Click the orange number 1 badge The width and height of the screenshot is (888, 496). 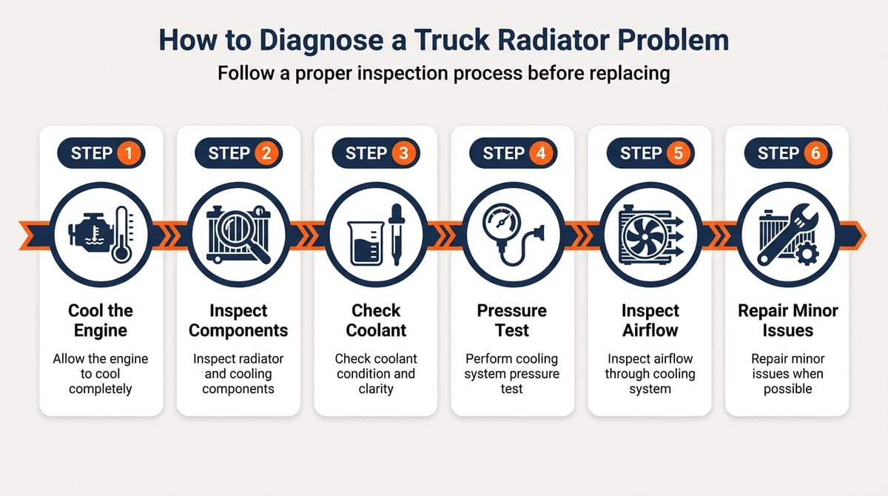[x=128, y=153]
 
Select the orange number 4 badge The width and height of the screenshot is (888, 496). [x=541, y=153]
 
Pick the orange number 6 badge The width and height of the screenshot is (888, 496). [x=815, y=153]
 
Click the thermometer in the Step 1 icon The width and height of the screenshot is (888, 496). [x=122, y=235]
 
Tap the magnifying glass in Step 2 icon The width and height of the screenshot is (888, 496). [x=243, y=235]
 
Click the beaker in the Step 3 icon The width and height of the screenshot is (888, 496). [x=366, y=243]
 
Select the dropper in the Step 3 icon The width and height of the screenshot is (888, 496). [x=397, y=234]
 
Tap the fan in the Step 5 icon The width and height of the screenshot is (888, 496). [x=645, y=237]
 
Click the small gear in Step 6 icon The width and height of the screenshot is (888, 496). [x=807, y=254]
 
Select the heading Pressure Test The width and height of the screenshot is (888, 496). [x=512, y=321]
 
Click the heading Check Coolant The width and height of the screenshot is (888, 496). [x=376, y=321]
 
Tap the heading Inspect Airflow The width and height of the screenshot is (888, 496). [x=650, y=321]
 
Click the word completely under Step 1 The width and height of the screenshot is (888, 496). [x=101, y=389]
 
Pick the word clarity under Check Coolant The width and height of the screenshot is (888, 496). [x=376, y=389]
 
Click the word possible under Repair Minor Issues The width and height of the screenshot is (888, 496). [x=787, y=389]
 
